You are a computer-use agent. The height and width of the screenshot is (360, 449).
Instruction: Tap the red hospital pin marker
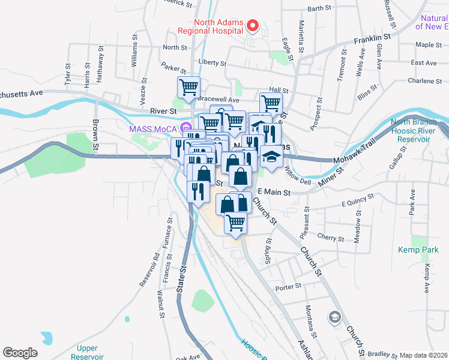point(253,26)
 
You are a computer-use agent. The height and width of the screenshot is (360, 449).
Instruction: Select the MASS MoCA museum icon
point(186,128)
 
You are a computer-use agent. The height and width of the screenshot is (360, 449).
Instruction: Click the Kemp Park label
point(414,249)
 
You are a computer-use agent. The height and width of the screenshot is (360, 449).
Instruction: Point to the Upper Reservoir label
point(91,352)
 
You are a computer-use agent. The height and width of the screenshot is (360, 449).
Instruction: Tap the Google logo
point(20,353)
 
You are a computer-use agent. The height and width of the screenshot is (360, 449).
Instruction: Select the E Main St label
point(273,193)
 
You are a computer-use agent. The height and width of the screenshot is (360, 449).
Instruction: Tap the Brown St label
point(95,135)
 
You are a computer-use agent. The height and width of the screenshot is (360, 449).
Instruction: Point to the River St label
point(163,111)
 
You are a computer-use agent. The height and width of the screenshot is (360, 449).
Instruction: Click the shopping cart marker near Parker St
point(189,88)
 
